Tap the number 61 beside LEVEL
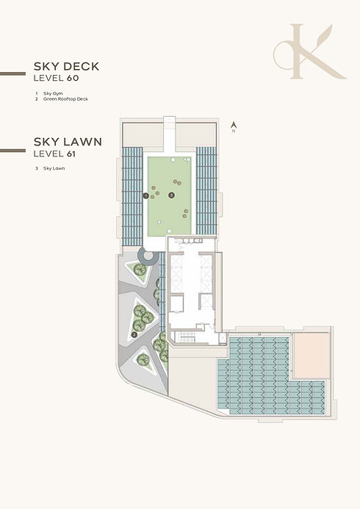pos(71,154)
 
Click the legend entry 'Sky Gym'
pos(53,93)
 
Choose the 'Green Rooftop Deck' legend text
pos(65,99)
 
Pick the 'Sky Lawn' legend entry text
pos(54,168)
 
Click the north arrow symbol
pos(234,125)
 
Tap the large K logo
pos(310,51)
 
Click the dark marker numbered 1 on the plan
pos(145,196)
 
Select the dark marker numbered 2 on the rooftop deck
pos(134,334)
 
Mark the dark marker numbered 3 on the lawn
pos(171,195)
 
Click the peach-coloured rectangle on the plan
pos(312,355)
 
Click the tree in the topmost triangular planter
pos(140,270)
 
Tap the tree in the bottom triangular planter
pos(143,359)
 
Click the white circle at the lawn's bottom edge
pos(169,231)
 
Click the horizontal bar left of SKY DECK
pos(12,73)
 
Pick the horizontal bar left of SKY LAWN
pos(12,151)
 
